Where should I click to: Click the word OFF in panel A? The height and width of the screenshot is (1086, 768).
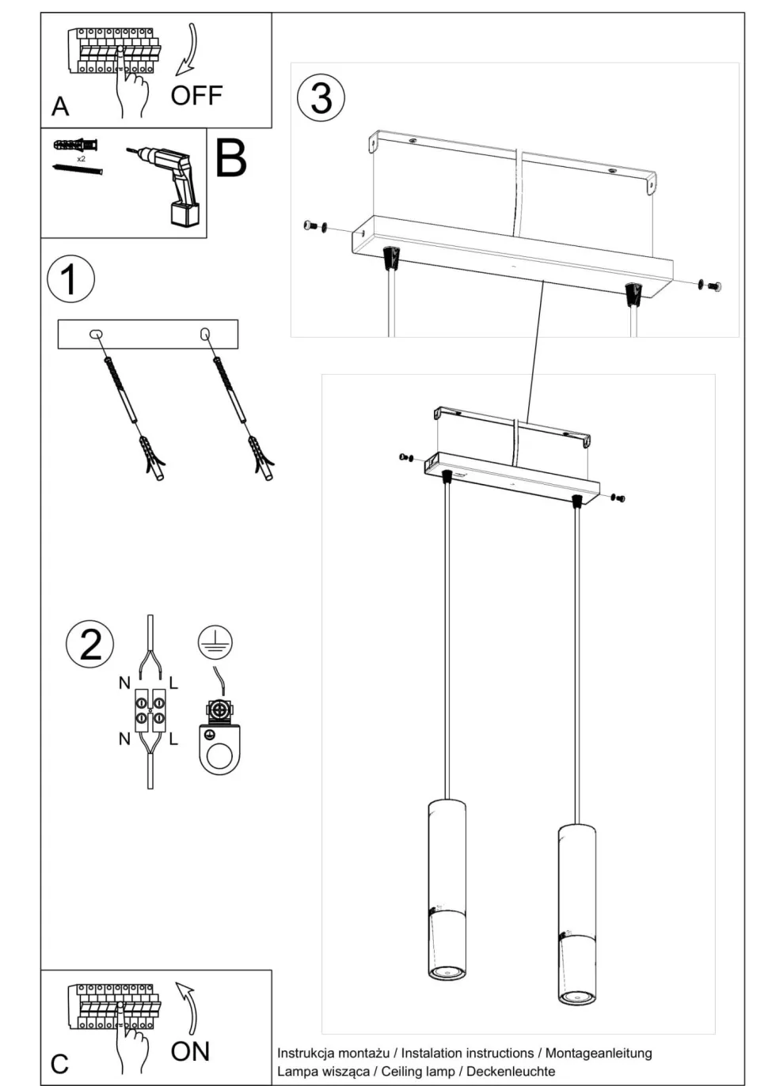(196, 96)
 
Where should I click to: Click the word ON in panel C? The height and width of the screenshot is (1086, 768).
(190, 1051)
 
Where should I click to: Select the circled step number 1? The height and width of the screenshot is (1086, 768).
(70, 279)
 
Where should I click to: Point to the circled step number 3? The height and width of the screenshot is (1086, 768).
(321, 98)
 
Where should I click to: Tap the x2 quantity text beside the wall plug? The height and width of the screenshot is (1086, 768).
(81, 159)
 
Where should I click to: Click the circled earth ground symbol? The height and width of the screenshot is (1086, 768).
(215, 642)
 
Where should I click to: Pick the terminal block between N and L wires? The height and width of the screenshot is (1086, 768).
(150, 709)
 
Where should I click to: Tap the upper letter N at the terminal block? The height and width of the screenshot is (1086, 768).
(124, 683)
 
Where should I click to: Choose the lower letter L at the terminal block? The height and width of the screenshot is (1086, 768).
(173, 740)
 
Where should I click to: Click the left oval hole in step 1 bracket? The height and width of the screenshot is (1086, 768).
(96, 334)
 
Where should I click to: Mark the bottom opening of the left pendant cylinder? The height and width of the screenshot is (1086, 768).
(447, 971)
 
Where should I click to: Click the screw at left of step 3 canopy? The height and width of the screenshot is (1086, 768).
(312, 227)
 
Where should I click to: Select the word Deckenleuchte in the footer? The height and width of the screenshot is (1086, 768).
(511, 1071)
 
